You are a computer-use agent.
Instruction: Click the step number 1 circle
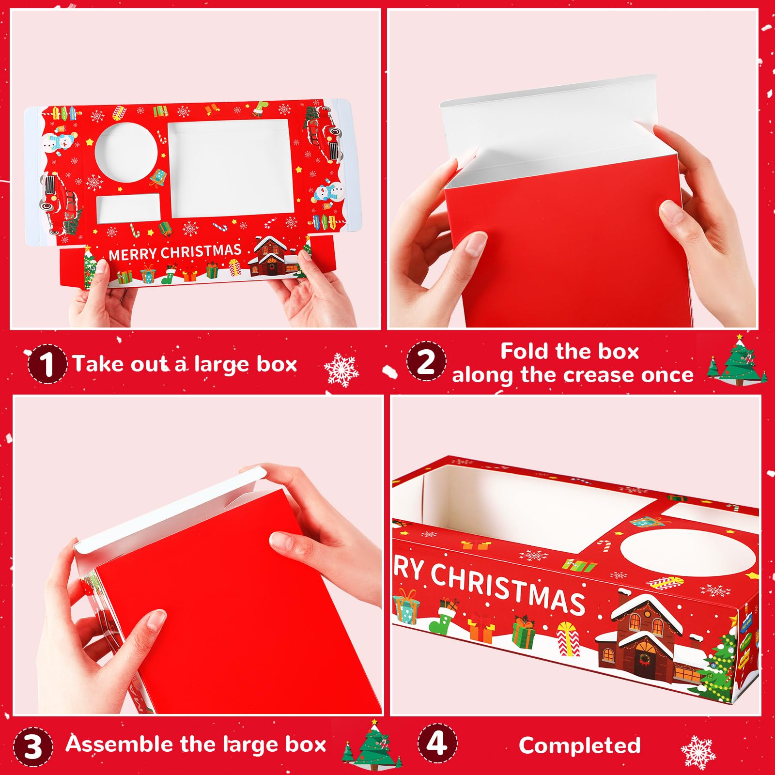(x=47, y=364)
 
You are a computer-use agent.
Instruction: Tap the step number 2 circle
(x=426, y=361)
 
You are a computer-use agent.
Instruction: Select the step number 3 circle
(x=33, y=746)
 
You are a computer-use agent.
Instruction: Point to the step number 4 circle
(x=437, y=744)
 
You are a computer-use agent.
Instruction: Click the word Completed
(x=579, y=745)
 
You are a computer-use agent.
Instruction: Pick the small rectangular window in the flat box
(x=128, y=209)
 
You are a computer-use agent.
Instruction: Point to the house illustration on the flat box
(x=273, y=256)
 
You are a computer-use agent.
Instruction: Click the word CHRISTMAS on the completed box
(x=508, y=588)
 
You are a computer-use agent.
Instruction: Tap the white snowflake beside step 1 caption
(x=341, y=370)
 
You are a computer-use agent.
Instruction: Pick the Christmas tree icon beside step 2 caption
(x=737, y=360)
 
